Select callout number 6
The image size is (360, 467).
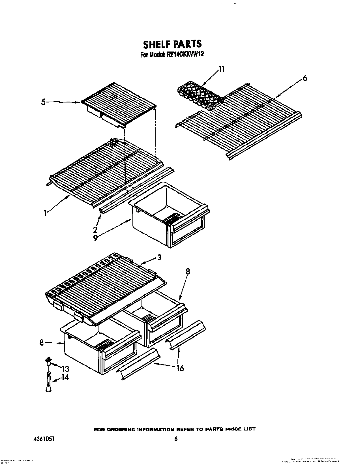point(304,78)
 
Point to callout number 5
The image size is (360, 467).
point(43,102)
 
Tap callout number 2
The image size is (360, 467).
point(95,229)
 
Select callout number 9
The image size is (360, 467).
point(95,238)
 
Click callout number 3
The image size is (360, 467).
point(159,258)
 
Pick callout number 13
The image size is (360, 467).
point(65,369)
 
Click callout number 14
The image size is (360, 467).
point(65,378)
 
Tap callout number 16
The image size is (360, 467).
point(180,368)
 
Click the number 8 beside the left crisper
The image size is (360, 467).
point(42,343)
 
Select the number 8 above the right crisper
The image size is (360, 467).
point(188,271)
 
